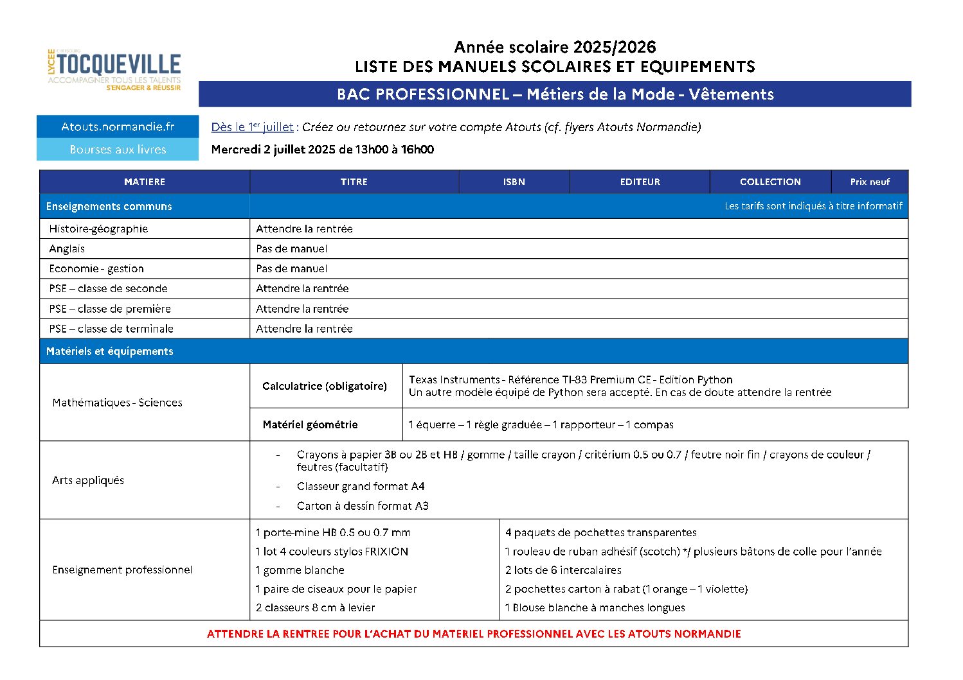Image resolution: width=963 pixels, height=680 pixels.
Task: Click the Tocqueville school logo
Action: coord(114,69)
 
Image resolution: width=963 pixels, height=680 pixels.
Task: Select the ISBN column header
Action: coord(514,182)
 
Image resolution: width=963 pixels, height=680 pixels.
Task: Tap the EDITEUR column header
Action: coord(640,182)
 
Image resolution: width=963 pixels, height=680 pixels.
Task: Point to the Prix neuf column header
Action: coord(870,182)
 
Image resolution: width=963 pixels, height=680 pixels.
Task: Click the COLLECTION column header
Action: coord(770,182)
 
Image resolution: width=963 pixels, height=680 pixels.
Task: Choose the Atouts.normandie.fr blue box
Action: coord(118,126)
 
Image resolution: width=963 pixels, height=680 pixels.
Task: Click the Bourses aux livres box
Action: coord(118,150)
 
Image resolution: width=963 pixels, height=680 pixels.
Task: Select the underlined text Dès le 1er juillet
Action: coord(252,127)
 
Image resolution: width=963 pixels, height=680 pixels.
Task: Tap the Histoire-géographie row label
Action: coord(98,229)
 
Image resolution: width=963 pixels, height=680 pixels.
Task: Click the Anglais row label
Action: coord(67,248)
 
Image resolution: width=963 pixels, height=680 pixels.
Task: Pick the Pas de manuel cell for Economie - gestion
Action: coord(292,268)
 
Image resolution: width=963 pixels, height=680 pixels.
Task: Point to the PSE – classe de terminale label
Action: coord(111,329)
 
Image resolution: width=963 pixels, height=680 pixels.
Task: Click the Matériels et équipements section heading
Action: coord(109,351)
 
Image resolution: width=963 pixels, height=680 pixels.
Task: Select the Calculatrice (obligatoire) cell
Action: coord(325,386)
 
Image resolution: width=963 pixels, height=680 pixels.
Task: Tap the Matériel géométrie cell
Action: coord(310,424)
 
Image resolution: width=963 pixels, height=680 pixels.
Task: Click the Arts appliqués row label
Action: coord(88,480)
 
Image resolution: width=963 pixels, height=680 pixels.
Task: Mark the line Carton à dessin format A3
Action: coord(363,506)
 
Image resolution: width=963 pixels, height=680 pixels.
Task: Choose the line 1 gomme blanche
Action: coord(300,570)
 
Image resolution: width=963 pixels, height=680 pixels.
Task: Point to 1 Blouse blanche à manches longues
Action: coord(595,607)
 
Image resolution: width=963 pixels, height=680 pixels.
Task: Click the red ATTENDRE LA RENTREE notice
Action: coord(474,634)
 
